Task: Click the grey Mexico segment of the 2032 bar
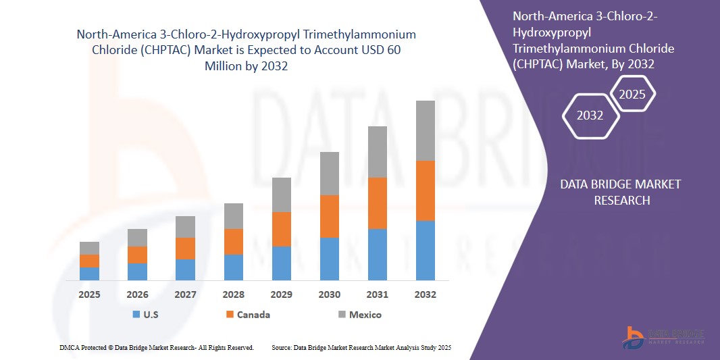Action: point(425,130)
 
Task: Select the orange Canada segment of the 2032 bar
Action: point(425,190)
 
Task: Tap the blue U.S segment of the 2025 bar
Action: point(89,274)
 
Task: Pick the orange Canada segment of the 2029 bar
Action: point(281,229)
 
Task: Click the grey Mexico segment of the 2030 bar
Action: point(329,174)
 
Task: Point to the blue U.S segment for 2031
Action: point(377,255)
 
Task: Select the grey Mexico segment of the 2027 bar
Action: point(185,227)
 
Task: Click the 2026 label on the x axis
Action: point(137,294)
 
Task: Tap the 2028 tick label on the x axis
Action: point(233,294)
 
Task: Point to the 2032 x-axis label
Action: point(425,294)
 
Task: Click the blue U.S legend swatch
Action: point(136,315)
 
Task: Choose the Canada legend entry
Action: point(253,315)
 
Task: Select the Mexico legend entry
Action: point(365,315)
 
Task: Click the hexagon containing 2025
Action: point(632,94)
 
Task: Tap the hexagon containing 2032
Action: point(590,115)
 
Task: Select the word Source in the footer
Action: point(281,347)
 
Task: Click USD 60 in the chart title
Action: point(387,50)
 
